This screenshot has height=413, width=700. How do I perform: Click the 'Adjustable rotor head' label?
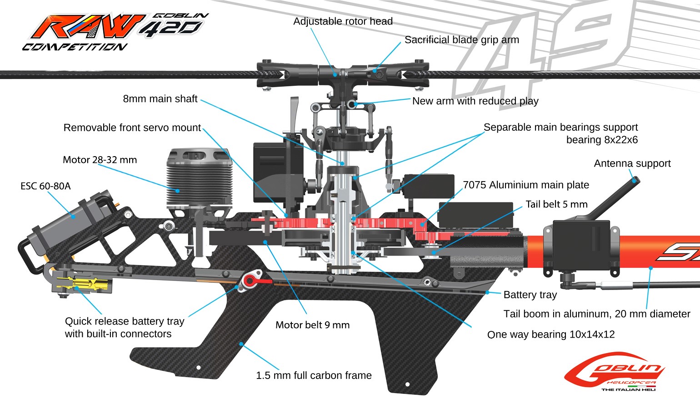tap(343, 21)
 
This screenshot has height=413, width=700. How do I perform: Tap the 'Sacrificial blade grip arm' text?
tap(461, 40)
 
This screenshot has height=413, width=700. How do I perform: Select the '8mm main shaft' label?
tap(160, 99)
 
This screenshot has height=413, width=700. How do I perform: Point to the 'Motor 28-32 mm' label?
tap(100, 160)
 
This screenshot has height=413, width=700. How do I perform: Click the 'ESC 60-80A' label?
tap(45, 186)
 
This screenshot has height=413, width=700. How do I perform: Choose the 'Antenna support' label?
tap(632, 163)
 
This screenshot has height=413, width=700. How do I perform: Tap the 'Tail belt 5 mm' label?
tap(556, 204)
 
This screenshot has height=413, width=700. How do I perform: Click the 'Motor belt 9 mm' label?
tap(312, 325)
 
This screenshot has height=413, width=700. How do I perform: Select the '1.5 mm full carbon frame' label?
tap(314, 375)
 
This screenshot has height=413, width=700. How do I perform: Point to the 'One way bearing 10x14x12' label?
tap(550, 334)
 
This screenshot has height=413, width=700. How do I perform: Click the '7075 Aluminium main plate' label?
tap(525, 185)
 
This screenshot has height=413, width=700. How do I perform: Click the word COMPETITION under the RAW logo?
tap(75, 47)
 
